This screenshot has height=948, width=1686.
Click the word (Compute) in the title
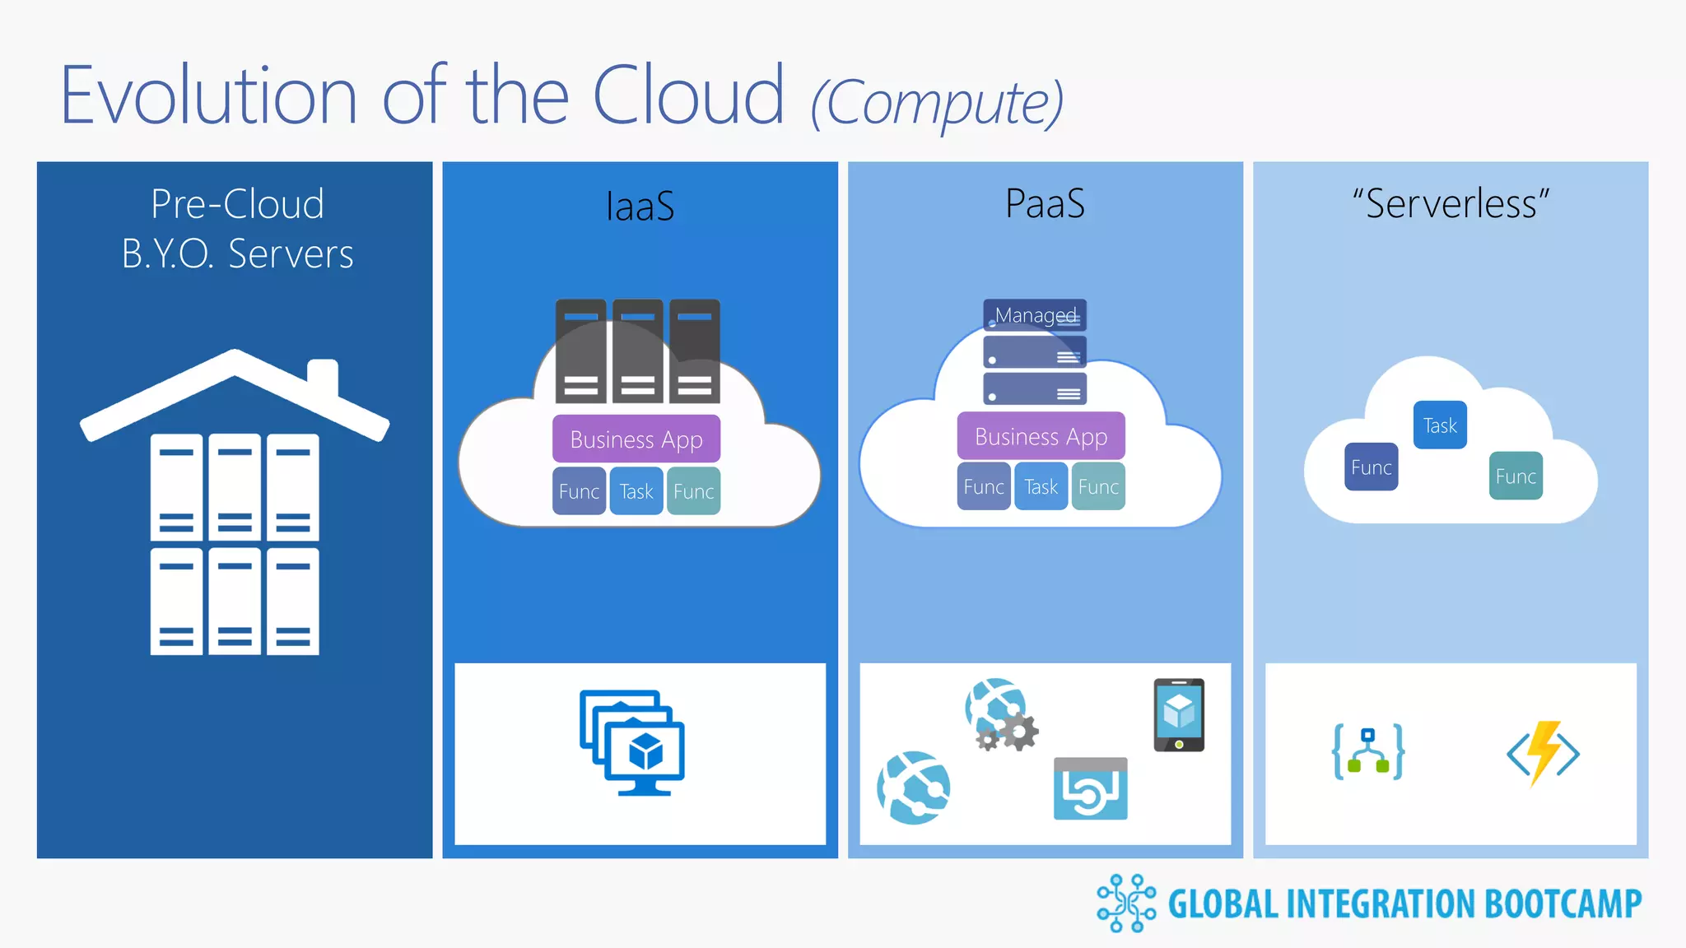point(937,103)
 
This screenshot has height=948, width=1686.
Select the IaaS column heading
point(640,206)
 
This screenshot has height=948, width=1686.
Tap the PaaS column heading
point(1045,203)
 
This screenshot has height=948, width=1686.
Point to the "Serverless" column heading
point(1451,203)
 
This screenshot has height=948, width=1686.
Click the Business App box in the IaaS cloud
point(636,439)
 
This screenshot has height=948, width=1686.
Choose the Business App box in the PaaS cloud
point(1041,436)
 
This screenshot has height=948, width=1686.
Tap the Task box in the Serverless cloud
point(1440,425)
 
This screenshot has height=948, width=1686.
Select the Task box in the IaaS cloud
point(636,491)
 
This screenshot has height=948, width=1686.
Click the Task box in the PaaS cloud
point(1041,487)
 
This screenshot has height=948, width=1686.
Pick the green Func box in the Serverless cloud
point(1516,476)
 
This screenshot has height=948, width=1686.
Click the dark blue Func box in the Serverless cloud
point(1371,467)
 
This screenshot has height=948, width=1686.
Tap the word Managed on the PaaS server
point(1035,315)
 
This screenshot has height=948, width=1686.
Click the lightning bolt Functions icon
point(1544,752)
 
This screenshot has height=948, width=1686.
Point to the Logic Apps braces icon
point(1368,751)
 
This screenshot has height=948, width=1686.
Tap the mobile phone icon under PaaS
point(1179,714)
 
